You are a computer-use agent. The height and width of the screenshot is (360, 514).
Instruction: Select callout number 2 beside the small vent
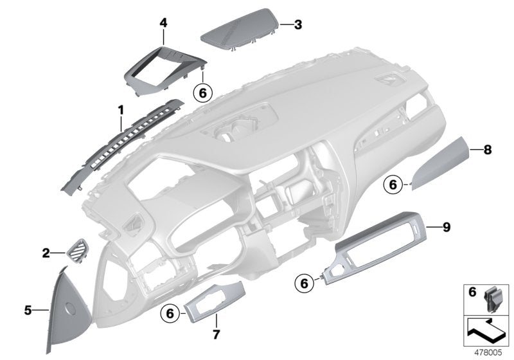pyautogui.click(x=46, y=253)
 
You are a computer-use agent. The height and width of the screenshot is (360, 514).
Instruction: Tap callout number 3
pyautogui.click(x=297, y=25)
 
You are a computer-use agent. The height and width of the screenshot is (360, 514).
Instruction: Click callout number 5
pyautogui.click(x=28, y=310)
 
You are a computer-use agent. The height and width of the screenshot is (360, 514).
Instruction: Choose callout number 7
pyautogui.click(x=216, y=334)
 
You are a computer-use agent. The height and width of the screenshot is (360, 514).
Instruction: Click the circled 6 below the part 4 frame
pyautogui.click(x=202, y=93)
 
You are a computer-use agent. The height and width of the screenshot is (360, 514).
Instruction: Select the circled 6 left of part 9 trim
pyautogui.click(x=305, y=281)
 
